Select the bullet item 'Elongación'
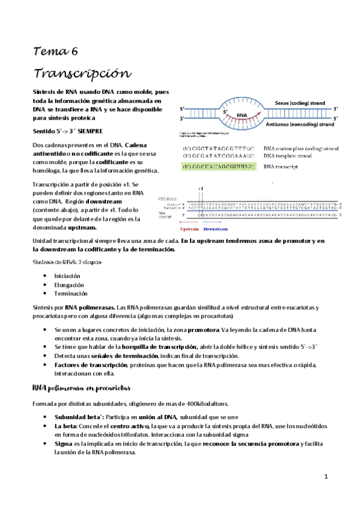pyautogui.click(x=69, y=284)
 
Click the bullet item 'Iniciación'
pyautogui.click(x=67, y=275)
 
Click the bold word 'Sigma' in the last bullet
pyautogui.click(x=63, y=443)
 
